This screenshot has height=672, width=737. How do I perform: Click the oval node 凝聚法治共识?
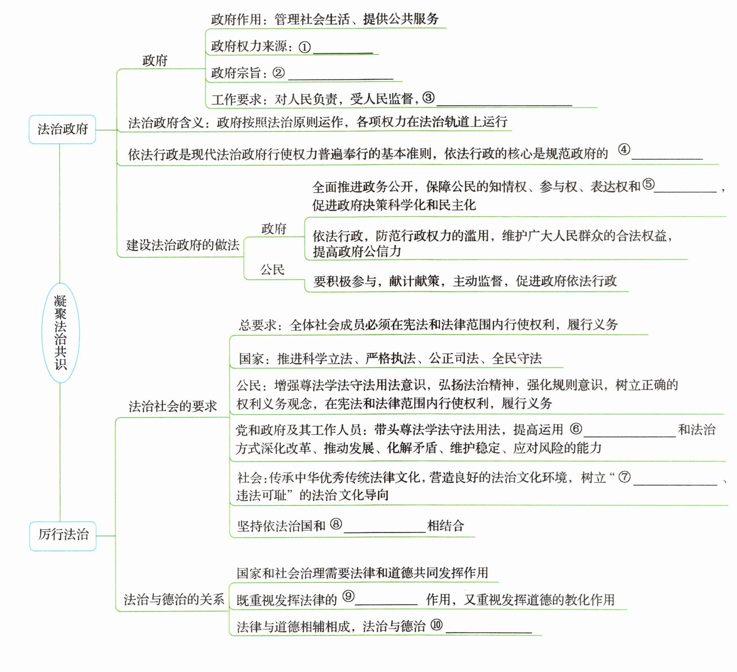(x=60, y=333)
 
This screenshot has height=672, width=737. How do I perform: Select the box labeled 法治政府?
(x=62, y=129)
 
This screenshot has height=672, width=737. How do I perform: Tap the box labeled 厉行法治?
(x=63, y=535)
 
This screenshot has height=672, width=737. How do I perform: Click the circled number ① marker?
(x=304, y=47)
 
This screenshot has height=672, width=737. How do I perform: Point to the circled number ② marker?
(x=278, y=73)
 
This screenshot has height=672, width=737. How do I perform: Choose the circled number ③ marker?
(x=428, y=98)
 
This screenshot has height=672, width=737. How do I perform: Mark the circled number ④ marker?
(x=624, y=149)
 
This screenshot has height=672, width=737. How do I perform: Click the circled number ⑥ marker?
(x=576, y=429)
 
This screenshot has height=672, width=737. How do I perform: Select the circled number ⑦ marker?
(x=625, y=477)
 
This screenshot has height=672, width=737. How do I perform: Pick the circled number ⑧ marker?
(x=336, y=524)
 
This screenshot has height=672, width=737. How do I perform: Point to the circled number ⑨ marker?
(x=348, y=596)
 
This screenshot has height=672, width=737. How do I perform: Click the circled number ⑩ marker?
(x=437, y=625)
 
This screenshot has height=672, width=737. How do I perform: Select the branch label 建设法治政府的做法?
(x=183, y=245)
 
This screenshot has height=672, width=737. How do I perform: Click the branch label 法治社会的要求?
(x=173, y=407)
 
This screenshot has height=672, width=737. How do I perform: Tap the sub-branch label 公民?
(x=272, y=270)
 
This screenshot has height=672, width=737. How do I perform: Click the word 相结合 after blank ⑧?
(x=446, y=526)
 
